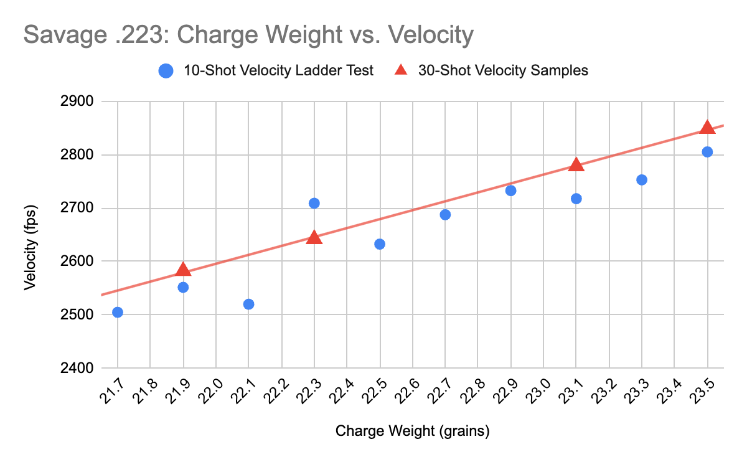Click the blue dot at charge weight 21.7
[x=118, y=312]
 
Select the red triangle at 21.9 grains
[x=183, y=270]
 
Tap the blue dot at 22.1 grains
[x=248, y=304]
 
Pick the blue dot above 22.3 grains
[x=314, y=203]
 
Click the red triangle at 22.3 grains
[x=314, y=238]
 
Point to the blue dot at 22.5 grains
[x=380, y=244]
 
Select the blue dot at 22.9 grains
[x=510, y=191]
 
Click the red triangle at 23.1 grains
[x=576, y=165]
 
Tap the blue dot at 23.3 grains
[x=642, y=180]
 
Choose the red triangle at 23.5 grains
[x=707, y=128]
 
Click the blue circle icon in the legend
[x=166, y=71]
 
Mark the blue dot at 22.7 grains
[x=445, y=215]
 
